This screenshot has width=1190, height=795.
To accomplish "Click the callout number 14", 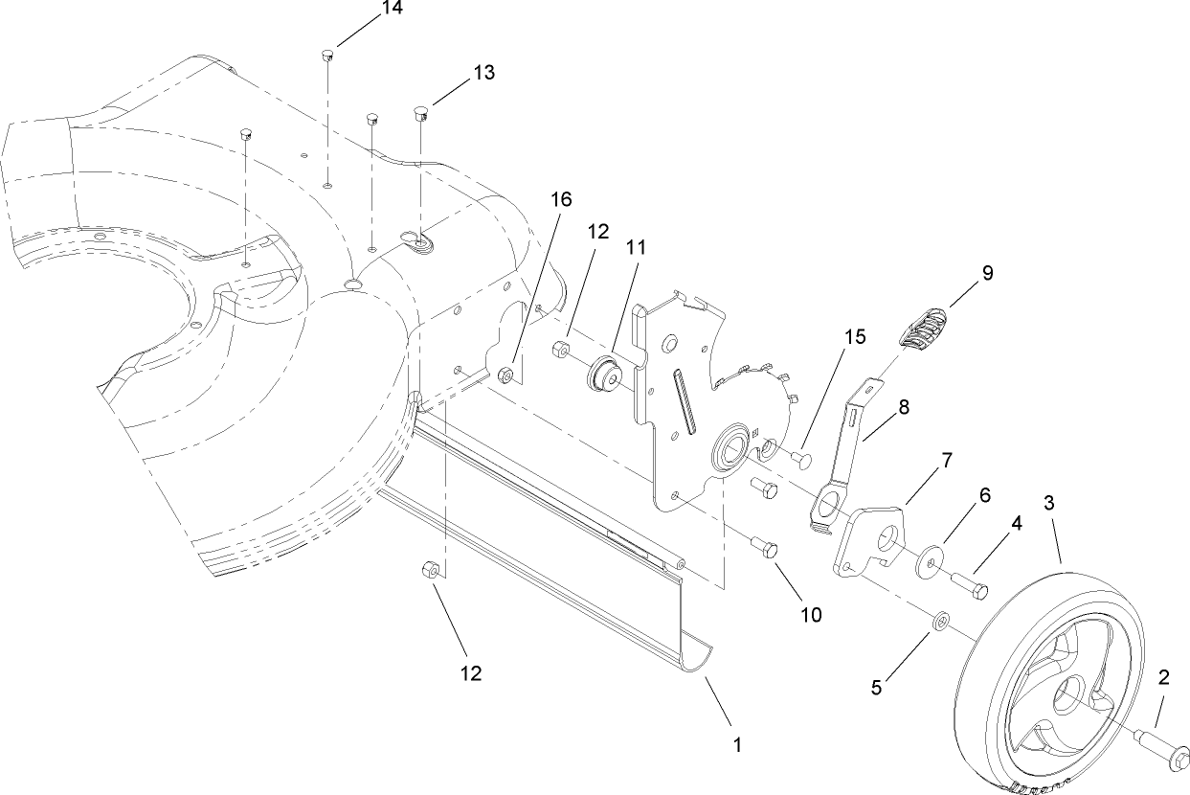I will click(x=364, y=10).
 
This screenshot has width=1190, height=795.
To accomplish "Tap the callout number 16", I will click(x=561, y=199).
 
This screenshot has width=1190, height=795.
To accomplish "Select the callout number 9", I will click(x=985, y=273).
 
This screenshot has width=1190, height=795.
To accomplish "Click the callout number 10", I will click(x=810, y=614).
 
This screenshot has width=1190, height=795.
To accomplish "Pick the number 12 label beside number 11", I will click(x=597, y=232).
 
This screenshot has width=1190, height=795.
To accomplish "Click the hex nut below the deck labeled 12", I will click(x=430, y=572).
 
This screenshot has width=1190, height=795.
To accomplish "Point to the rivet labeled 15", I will click(x=799, y=461).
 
